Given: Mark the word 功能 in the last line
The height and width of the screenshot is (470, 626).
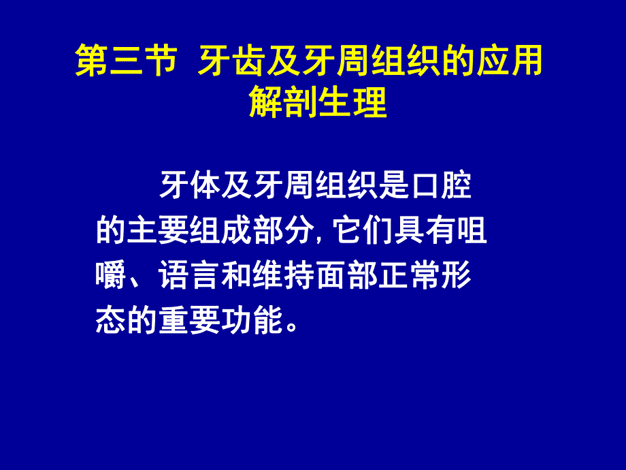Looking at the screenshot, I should tap(252, 321).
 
